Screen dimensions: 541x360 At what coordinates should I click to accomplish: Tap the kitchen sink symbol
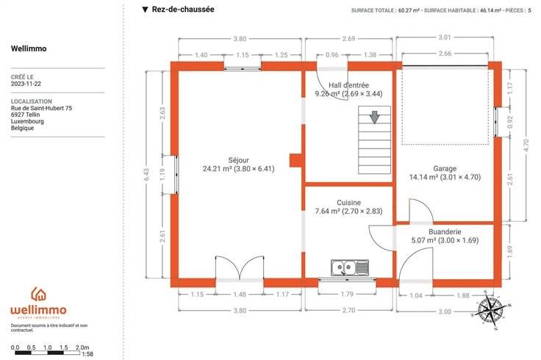click(x=349, y=268)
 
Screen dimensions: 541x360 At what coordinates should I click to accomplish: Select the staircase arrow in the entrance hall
click(x=374, y=118)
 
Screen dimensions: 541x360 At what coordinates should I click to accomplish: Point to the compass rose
click(x=490, y=309)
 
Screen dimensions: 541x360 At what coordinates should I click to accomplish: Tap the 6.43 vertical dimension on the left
click(x=146, y=174)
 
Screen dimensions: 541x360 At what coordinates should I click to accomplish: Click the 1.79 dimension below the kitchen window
click(x=347, y=294)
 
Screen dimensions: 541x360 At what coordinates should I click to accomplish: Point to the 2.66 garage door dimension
click(x=445, y=53)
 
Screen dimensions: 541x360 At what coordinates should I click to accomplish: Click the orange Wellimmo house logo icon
click(x=39, y=294)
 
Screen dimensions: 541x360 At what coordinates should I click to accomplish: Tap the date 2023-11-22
click(x=26, y=84)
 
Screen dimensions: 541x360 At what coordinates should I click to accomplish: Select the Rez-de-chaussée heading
click(x=183, y=10)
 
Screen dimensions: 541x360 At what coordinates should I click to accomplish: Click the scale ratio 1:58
click(x=87, y=354)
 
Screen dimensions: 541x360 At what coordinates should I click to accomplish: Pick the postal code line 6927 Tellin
click(x=25, y=115)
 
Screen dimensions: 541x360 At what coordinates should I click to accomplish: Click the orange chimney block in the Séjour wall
click(x=295, y=160)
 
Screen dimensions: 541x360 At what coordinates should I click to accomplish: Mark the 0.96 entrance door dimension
click(x=332, y=55)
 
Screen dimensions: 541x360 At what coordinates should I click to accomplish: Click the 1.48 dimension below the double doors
click(x=240, y=294)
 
